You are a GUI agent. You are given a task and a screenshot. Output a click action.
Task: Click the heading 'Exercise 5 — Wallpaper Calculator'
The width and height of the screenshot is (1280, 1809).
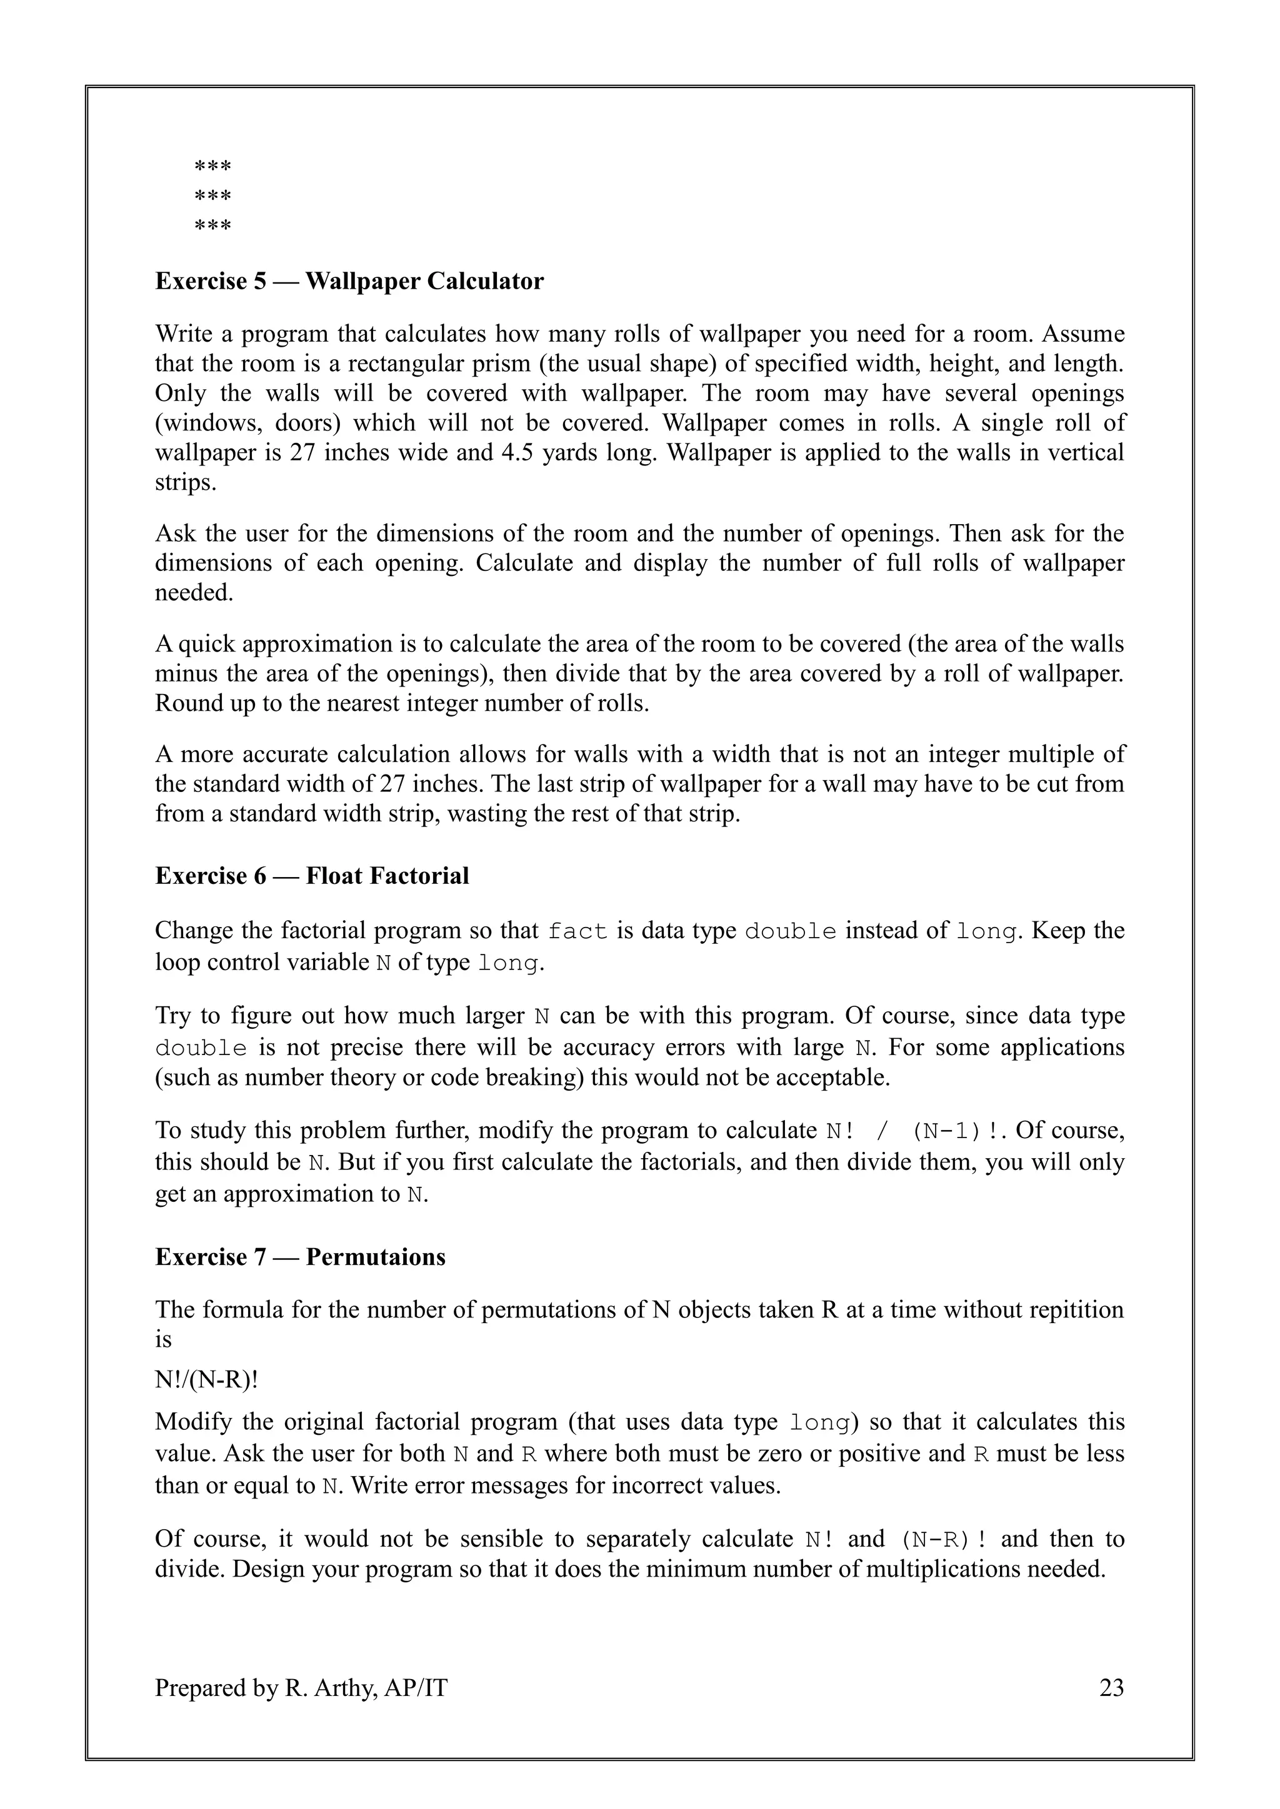349,281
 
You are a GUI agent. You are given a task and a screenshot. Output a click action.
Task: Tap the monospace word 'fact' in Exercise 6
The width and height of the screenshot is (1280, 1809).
577,931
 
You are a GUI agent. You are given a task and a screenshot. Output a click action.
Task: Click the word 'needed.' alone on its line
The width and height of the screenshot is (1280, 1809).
194,593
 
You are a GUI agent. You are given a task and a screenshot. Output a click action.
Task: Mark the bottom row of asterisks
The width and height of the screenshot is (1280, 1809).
212,227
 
